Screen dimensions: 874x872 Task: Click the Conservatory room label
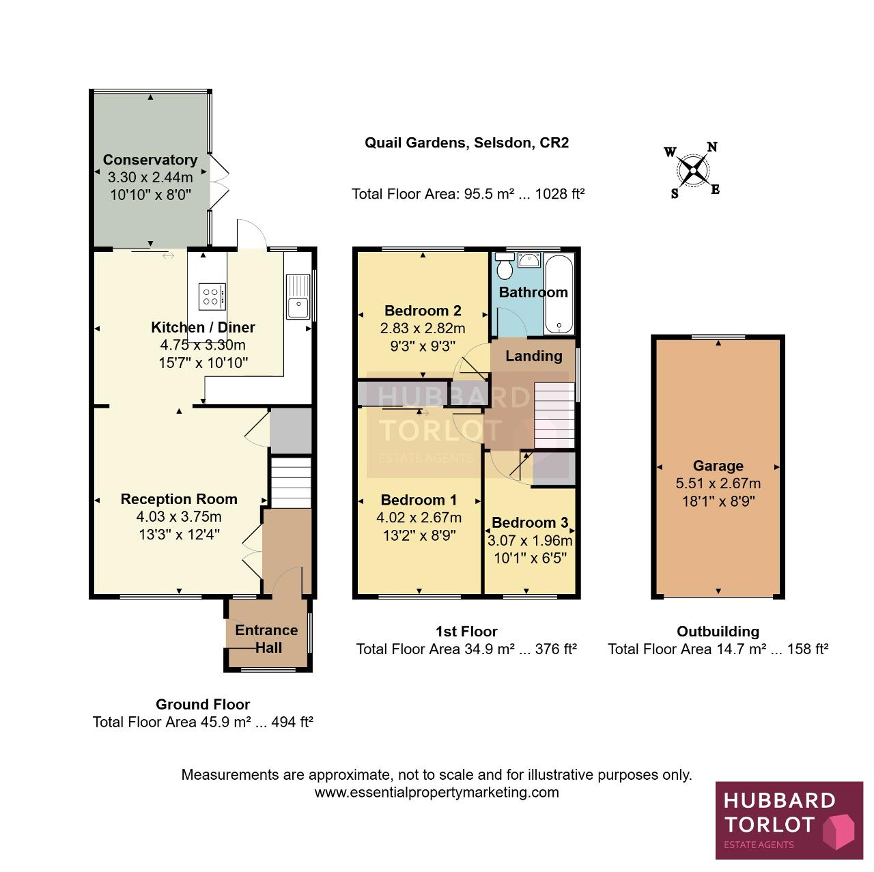[150, 160]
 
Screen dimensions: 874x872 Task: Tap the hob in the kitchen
[212, 297]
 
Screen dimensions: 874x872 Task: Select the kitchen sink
[298, 296]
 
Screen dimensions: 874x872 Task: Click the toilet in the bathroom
[505, 266]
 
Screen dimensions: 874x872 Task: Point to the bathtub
[559, 294]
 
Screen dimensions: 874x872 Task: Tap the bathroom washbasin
[529, 260]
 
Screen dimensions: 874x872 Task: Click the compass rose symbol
[692, 171]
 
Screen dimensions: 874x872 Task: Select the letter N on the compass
[712, 147]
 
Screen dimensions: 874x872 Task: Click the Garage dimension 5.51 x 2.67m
[718, 483]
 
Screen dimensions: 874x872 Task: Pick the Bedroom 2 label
[423, 310]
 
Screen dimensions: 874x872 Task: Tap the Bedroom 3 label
[530, 522]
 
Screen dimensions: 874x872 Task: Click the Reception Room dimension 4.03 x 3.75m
[179, 516]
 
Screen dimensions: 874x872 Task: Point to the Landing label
[534, 356]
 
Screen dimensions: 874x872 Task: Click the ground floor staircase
[291, 482]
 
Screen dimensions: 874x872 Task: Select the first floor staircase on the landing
[554, 416]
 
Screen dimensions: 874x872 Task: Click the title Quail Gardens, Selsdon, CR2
[466, 143]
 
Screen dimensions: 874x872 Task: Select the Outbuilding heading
[718, 631]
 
